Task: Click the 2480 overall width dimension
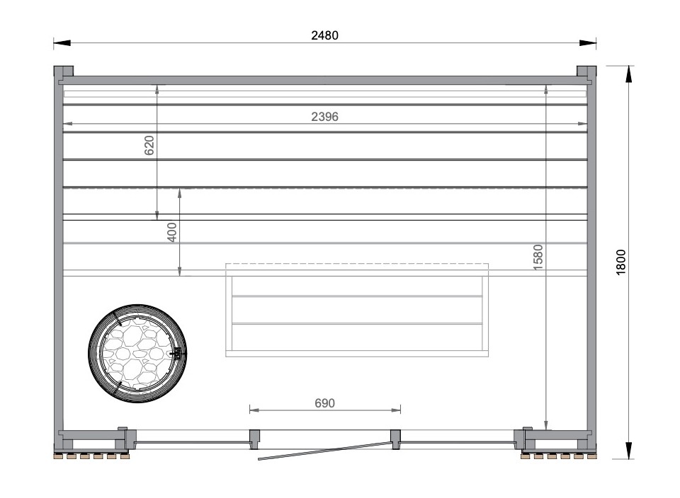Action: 324,35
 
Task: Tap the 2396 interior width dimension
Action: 324,117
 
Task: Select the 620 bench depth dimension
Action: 149,146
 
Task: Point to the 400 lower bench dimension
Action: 172,232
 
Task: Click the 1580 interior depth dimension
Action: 538,257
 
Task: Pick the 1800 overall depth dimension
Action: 621,262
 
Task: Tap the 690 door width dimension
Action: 324,403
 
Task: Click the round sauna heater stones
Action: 137,354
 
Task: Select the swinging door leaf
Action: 324,451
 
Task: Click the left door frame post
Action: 254,439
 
